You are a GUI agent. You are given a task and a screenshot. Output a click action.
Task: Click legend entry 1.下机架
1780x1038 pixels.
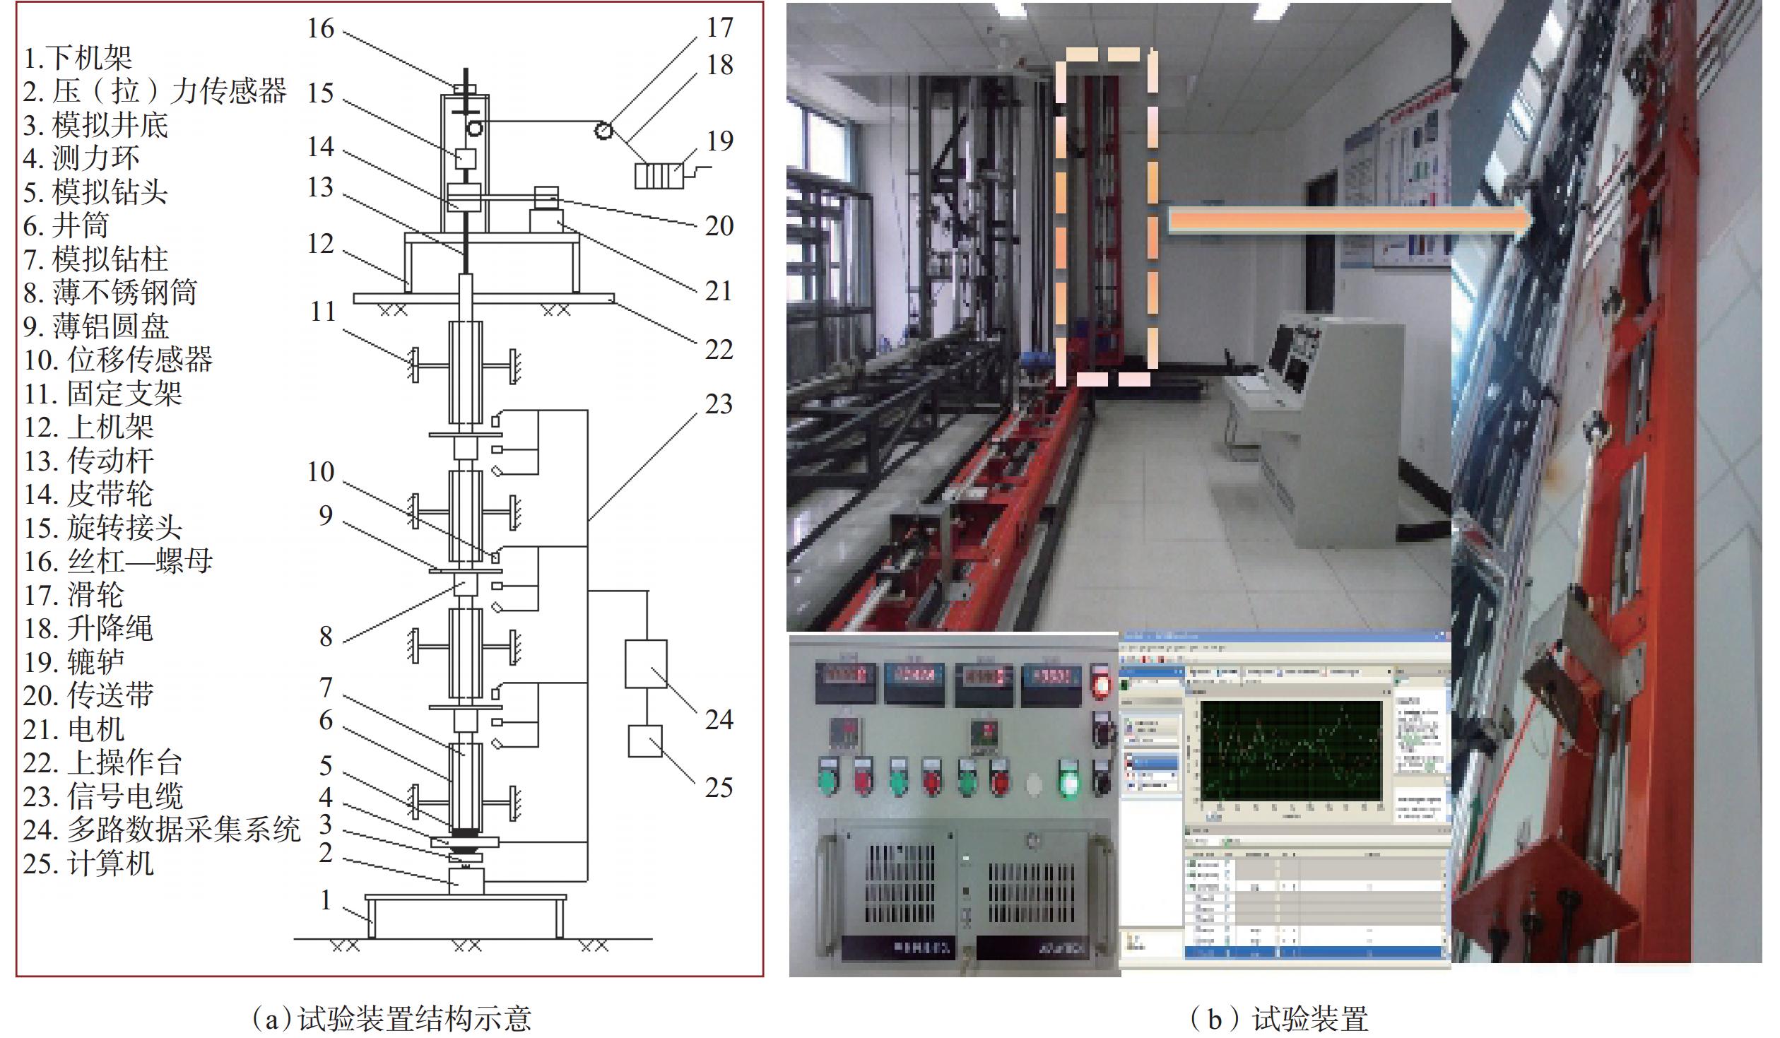pos(78,58)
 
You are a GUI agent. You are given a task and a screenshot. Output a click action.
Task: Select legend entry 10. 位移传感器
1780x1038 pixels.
pos(118,360)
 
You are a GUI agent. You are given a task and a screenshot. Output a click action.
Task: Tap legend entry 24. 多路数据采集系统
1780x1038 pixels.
pos(162,830)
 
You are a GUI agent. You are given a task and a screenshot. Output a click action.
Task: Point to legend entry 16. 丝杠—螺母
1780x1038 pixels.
pos(118,562)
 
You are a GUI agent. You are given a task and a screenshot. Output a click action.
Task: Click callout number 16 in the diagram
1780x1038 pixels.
pos(320,28)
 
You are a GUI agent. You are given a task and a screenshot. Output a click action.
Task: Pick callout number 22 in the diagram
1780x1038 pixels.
pos(719,349)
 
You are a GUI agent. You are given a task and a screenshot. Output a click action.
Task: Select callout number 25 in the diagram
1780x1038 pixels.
pos(719,787)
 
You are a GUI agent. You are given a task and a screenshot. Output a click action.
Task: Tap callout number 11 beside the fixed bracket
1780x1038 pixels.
pos(323,312)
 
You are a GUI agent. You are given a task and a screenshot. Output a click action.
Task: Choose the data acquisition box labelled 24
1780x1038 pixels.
pos(645,664)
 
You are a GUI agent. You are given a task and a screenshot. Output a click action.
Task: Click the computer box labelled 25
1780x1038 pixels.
pos(645,741)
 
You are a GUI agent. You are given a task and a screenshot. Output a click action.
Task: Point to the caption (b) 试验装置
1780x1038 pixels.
pos(1278,1018)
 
